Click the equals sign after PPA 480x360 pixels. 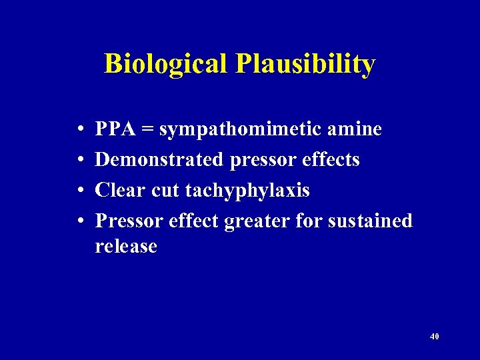147,129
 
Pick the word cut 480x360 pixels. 165,191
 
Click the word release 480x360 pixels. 126,247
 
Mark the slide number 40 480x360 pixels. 435,337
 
